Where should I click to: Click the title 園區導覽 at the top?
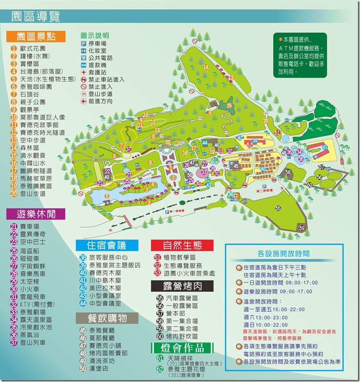coord(36,16)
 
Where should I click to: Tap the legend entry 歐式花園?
coord(33,48)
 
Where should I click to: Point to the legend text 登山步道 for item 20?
coord(33,193)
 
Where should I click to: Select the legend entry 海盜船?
coord(32,250)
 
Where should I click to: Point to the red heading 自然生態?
coord(181,245)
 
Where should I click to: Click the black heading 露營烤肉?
coord(182,286)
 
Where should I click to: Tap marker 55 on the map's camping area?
coord(278,208)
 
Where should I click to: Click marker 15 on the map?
coord(229,105)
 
